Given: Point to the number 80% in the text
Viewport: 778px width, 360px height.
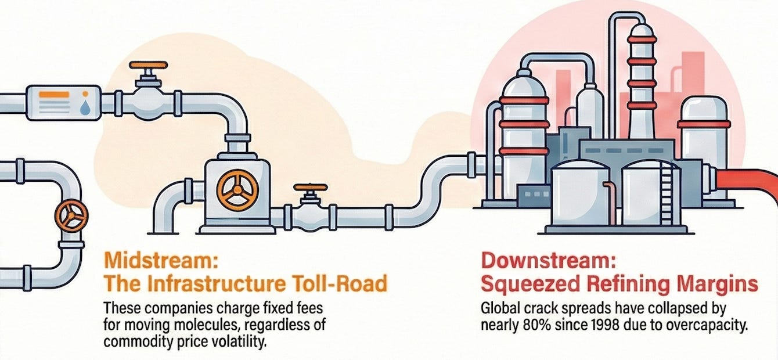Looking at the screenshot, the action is tap(528, 325).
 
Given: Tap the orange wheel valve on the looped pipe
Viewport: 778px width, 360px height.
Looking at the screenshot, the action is tap(71, 216).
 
